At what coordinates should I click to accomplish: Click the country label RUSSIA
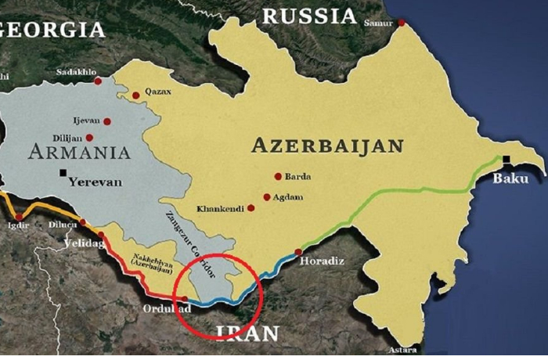(x=308, y=16)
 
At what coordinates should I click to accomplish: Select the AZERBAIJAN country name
(x=327, y=146)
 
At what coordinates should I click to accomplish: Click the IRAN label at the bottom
(x=248, y=333)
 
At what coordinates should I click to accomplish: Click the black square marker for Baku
(x=507, y=160)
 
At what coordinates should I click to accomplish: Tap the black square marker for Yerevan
(x=62, y=172)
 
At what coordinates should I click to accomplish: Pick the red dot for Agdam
(x=267, y=197)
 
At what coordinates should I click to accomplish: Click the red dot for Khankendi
(x=251, y=208)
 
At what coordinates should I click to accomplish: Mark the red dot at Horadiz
(x=298, y=252)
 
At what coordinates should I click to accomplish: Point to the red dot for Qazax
(x=135, y=95)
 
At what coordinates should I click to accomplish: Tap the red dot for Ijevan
(x=106, y=121)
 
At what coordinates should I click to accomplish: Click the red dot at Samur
(x=402, y=23)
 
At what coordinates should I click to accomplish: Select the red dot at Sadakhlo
(x=98, y=81)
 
